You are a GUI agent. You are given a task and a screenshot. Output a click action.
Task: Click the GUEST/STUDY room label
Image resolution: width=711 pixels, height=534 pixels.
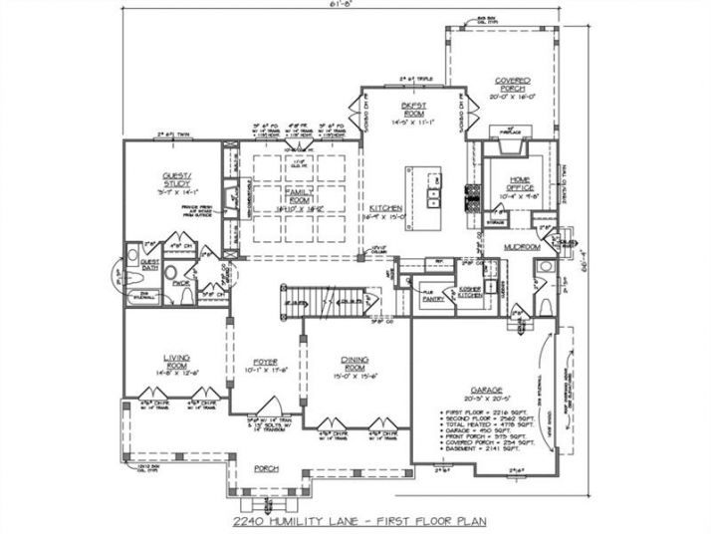coord(176,181)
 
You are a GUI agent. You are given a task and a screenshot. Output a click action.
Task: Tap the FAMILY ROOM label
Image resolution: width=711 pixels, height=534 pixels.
coord(299,193)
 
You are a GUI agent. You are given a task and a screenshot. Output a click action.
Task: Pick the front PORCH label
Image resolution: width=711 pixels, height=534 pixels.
coord(265,468)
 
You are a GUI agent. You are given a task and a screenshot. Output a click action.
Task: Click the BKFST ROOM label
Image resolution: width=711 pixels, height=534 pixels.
coord(413,108)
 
